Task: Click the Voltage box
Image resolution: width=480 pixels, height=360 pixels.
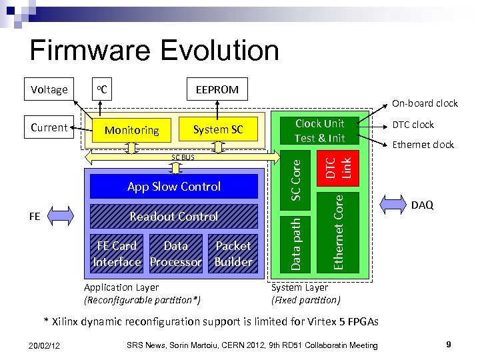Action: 49,89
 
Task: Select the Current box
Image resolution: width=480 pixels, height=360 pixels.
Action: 49,127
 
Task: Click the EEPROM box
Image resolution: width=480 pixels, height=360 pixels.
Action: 217,89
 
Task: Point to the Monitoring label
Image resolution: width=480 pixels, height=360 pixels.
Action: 131,131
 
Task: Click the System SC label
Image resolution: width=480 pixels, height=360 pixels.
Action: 217,129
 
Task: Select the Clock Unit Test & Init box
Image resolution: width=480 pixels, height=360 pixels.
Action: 319,131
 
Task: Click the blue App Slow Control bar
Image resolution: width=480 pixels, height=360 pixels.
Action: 173,187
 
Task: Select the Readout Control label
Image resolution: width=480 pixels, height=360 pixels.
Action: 173,217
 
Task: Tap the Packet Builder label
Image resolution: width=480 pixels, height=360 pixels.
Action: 233,254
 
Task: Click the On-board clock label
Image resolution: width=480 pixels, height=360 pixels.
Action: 424,103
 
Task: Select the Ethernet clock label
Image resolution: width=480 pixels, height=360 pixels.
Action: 423,145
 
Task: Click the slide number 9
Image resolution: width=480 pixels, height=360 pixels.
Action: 449,345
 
